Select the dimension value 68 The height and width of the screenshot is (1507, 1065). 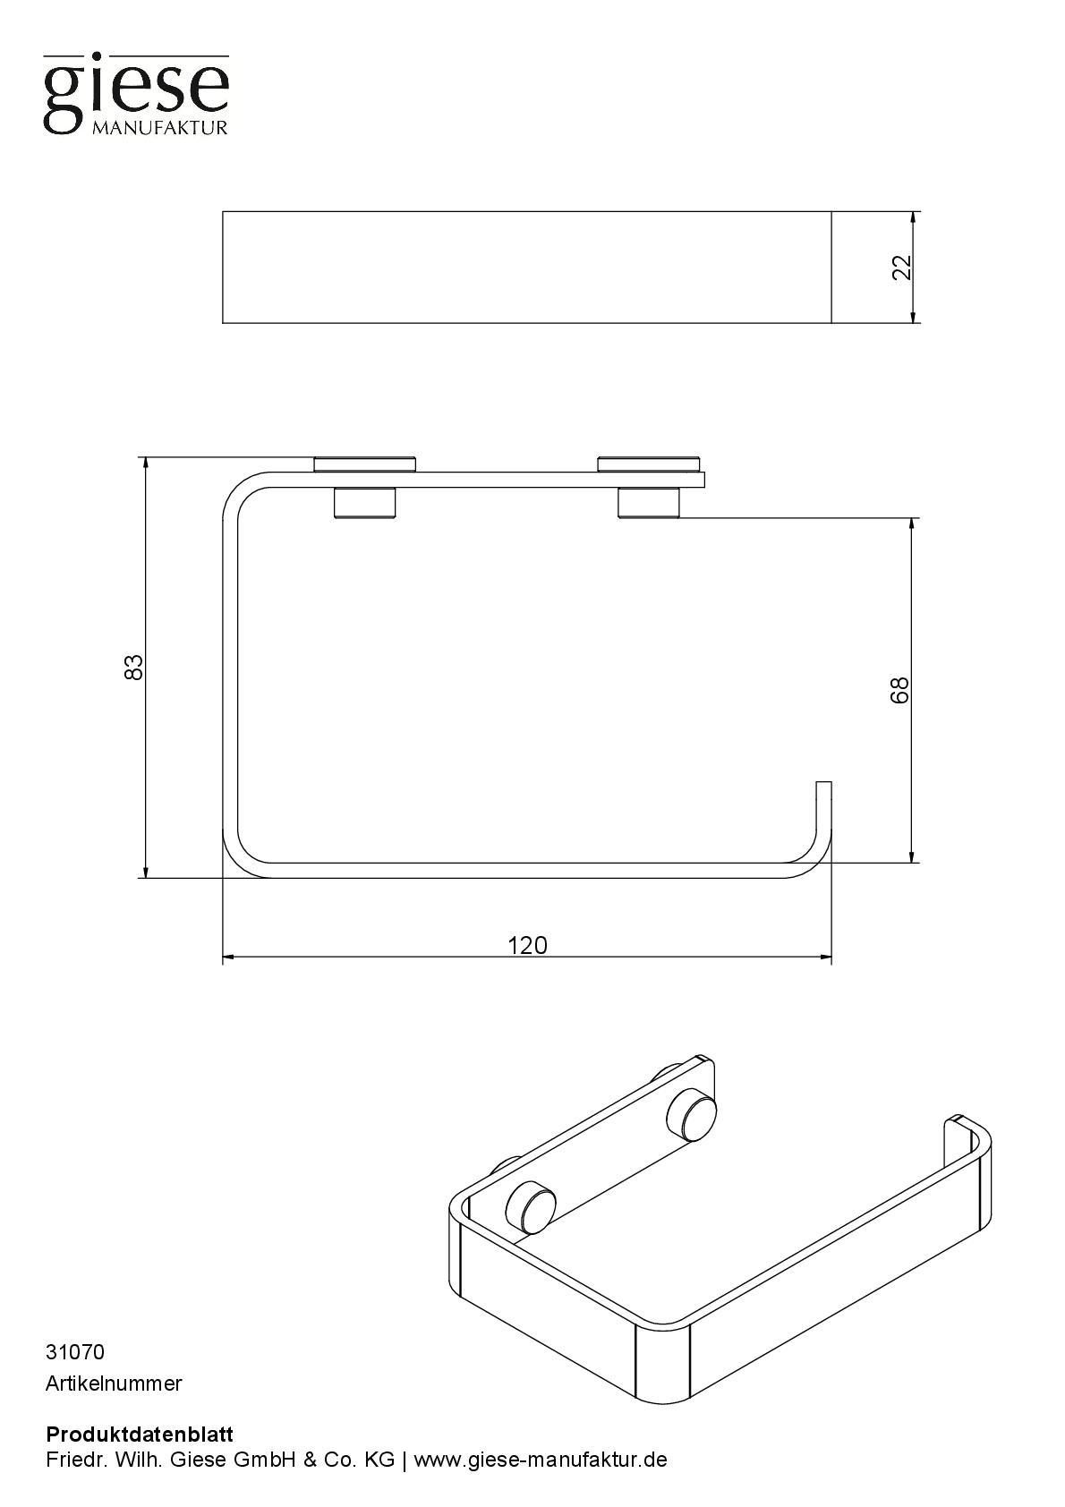pyautogui.click(x=899, y=690)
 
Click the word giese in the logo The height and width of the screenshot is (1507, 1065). pyautogui.click(x=137, y=89)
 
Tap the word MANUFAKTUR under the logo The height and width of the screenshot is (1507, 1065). pyautogui.click(x=159, y=128)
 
